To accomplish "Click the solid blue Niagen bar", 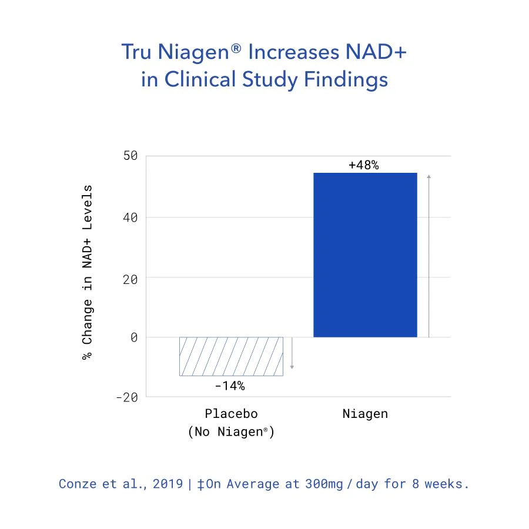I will point(365,255).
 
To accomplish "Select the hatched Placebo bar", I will point(231,356).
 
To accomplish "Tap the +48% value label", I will point(363,165).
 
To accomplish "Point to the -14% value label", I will point(229,386).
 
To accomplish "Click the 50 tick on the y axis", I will point(130,156).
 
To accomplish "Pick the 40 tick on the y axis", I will point(130,217).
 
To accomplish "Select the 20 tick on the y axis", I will point(130,279).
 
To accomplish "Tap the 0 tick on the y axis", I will point(133,337).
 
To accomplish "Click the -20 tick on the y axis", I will point(126,397).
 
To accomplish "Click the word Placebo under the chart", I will point(231,414).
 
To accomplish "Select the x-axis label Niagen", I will point(365,414).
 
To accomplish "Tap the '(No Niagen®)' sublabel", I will point(231,432).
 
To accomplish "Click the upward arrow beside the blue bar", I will point(428,256).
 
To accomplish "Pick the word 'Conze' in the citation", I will point(78,484).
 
